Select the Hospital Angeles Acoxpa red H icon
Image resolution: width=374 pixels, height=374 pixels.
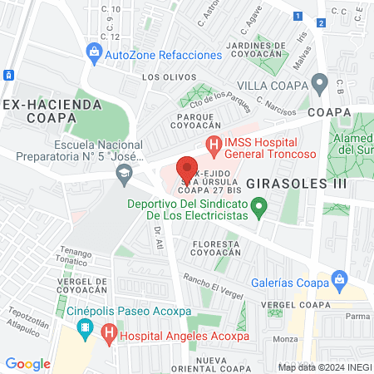click(108, 336)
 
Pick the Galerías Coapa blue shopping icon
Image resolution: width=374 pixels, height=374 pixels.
click(338, 278)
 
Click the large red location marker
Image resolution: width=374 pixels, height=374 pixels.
click(187, 169)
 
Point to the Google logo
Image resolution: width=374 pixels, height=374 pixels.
click(27, 364)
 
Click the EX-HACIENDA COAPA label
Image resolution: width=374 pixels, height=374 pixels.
click(52, 111)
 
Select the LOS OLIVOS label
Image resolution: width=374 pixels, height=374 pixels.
click(161, 76)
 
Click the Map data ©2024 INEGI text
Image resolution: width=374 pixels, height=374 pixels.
click(325, 367)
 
